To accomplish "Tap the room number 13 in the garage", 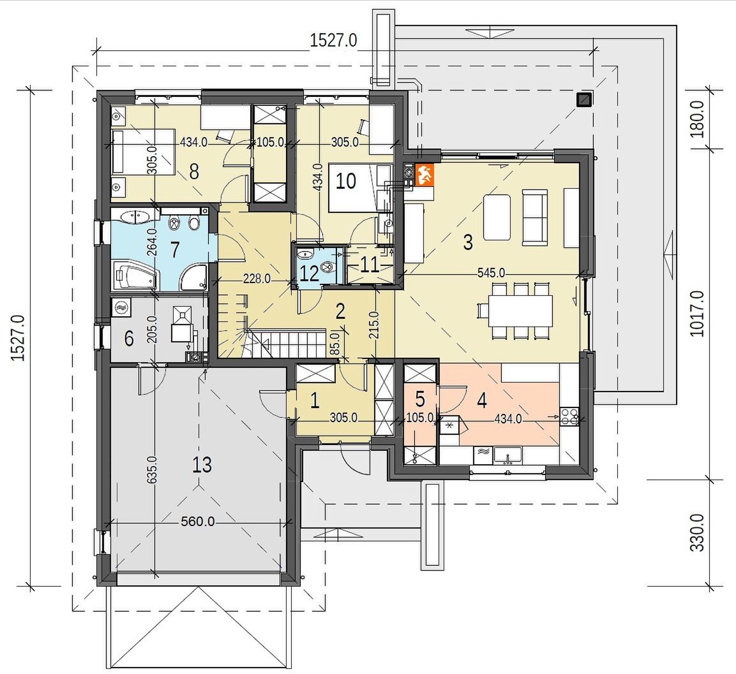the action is pos(202,465).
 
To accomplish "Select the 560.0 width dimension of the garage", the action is pos(198,521).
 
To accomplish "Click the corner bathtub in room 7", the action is pos(134,276).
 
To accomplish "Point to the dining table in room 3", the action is pos(520,311).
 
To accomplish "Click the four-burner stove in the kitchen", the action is pos(569,416).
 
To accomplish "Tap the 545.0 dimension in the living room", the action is pos(491,273).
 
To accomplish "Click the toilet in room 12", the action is pos(327,267).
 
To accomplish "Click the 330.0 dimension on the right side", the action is pos(698,533).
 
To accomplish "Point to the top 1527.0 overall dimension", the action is pos(333,40).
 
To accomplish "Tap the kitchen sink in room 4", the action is pos(507,455).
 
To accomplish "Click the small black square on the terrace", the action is pos(584,99).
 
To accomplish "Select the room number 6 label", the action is pos(129,338).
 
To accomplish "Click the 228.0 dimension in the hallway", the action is pos(257,279).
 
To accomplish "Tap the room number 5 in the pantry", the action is pos(420,399).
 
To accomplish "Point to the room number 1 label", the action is pos(315,400).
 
